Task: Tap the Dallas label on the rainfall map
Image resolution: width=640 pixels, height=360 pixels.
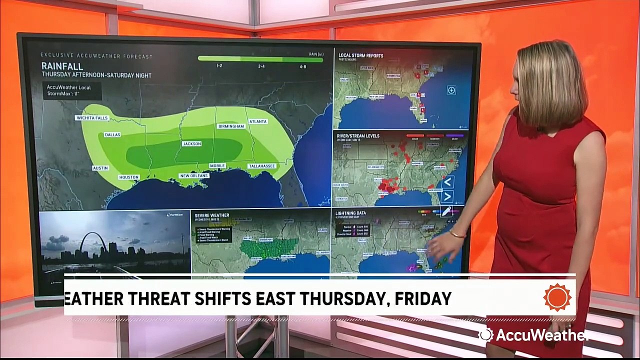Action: [112, 135]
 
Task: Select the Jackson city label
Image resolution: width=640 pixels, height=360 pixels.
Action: [192, 144]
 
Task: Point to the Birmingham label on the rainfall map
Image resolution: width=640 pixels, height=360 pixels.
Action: [231, 126]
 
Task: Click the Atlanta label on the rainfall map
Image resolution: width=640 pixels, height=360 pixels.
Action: [257, 121]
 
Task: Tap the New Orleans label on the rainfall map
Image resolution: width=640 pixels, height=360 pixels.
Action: [194, 176]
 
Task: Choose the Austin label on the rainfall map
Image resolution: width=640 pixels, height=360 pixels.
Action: [100, 168]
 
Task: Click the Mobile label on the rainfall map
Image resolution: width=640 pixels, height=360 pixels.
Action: [216, 165]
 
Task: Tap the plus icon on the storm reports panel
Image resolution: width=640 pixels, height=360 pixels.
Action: [451, 90]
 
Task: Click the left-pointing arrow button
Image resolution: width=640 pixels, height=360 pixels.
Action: [448, 181]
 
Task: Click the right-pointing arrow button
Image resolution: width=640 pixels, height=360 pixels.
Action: [448, 196]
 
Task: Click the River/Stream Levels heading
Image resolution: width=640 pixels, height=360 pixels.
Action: [359, 136]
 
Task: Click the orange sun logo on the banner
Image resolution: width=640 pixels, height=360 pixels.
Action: [557, 297]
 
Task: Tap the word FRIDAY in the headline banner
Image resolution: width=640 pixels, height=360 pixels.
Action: [423, 298]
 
